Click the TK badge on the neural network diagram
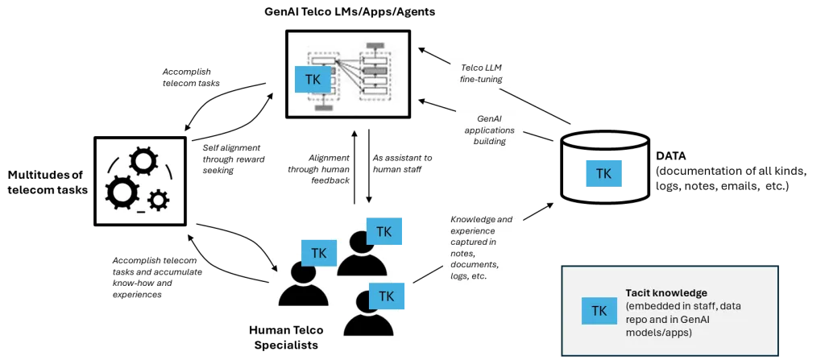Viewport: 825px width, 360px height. pos(313,80)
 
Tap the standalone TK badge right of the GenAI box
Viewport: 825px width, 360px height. pos(603,173)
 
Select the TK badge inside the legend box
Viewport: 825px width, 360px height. pos(599,311)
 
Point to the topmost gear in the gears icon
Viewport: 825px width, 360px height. pos(143,163)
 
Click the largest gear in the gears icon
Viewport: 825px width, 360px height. pos(122,192)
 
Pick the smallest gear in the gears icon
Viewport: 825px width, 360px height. pos(159,199)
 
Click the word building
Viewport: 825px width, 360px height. pos(489,141)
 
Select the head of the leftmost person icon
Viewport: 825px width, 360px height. pos(302,275)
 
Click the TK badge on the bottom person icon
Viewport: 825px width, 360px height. pos(386,296)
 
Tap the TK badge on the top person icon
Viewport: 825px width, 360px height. pos(384,232)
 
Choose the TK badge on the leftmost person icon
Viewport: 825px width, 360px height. pos(318,253)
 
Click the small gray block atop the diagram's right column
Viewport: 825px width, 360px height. pos(375,45)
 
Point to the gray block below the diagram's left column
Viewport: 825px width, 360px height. pos(324,106)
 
